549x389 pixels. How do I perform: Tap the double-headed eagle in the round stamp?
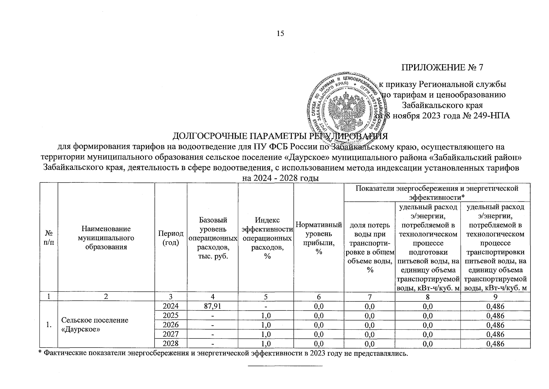click(344, 109)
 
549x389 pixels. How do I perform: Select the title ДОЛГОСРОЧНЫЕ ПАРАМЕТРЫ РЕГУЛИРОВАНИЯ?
click(280, 136)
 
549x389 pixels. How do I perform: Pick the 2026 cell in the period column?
click(171, 325)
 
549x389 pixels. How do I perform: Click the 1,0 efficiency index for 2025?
click(266, 315)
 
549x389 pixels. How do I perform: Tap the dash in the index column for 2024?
click(266, 306)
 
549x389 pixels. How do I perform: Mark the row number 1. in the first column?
click(49, 325)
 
